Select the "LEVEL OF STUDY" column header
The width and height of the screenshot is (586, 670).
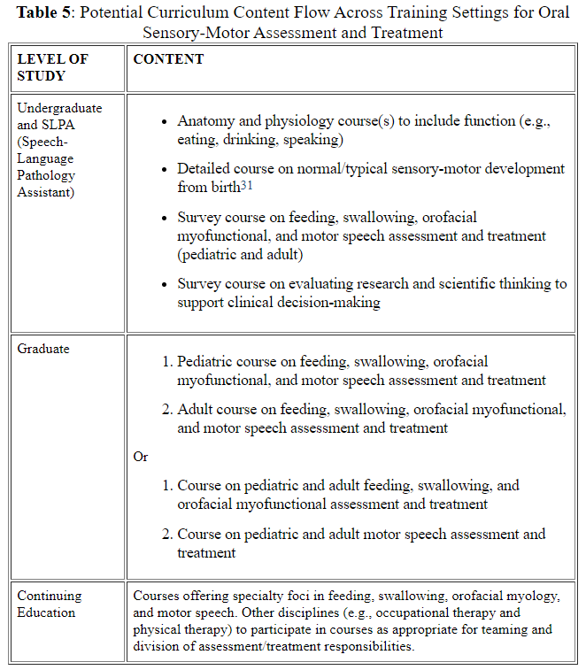click(x=53, y=67)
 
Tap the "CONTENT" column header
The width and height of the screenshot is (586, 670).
click(x=168, y=59)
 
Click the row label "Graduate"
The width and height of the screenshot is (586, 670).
click(x=43, y=349)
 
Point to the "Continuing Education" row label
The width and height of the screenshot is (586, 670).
click(x=50, y=604)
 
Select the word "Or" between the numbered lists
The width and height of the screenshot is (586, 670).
click(x=141, y=457)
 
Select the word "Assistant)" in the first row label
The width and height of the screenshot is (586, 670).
click(x=47, y=191)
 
